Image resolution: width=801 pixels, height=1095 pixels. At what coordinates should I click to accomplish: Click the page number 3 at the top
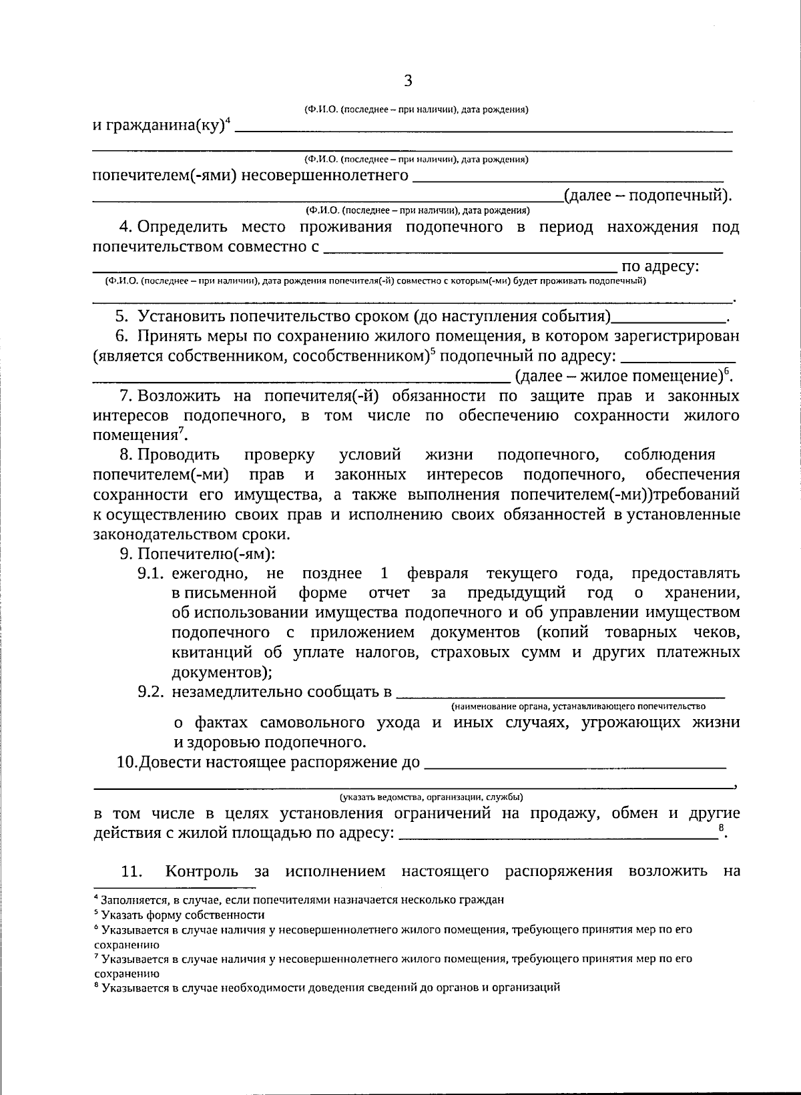[x=409, y=81]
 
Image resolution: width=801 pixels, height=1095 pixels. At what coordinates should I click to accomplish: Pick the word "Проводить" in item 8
[x=178, y=455]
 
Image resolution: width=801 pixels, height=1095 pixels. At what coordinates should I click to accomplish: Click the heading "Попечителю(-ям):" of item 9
[x=206, y=554]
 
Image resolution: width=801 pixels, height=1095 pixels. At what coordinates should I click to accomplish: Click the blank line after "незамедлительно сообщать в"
[x=561, y=694]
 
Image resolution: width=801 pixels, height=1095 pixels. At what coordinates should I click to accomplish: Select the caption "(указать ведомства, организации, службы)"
[x=431, y=797]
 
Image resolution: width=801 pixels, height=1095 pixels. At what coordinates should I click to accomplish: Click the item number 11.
[x=132, y=872]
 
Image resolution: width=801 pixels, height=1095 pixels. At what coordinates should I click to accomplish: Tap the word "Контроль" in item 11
[x=202, y=872]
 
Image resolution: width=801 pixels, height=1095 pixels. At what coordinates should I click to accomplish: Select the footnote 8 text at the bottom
[x=327, y=987]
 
